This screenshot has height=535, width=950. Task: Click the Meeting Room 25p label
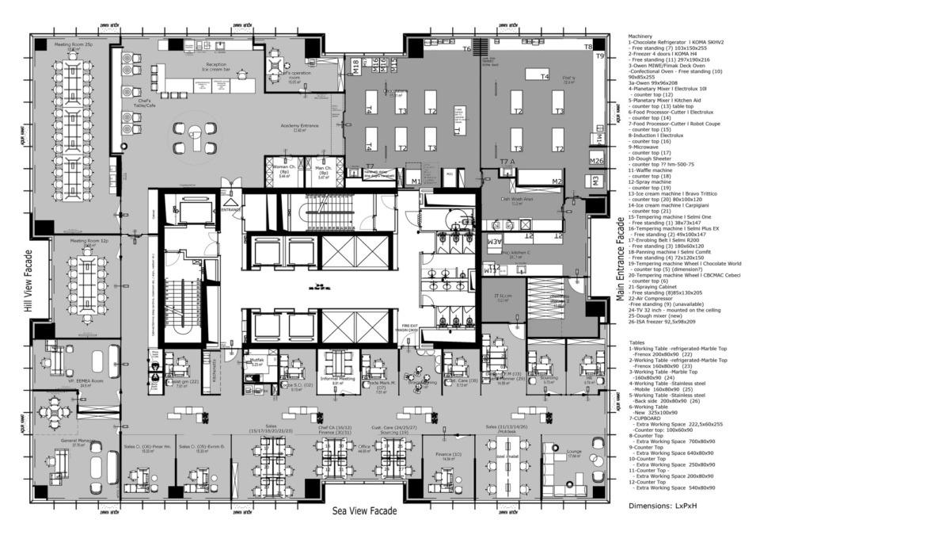(x=73, y=45)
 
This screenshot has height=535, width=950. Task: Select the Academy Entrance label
(x=298, y=126)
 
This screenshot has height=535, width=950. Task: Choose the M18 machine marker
(x=355, y=67)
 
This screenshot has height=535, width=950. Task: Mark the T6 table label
(x=467, y=49)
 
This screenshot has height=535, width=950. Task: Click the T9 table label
(x=600, y=56)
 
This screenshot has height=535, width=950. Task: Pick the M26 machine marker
(x=597, y=161)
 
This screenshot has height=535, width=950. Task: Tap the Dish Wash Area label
(x=515, y=200)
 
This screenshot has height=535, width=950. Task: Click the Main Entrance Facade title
(x=621, y=261)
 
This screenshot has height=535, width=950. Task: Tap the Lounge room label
(x=575, y=451)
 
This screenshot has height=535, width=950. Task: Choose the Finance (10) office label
(x=448, y=454)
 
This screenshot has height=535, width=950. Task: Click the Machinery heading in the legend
(x=642, y=36)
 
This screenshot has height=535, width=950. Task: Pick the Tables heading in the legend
(x=638, y=342)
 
